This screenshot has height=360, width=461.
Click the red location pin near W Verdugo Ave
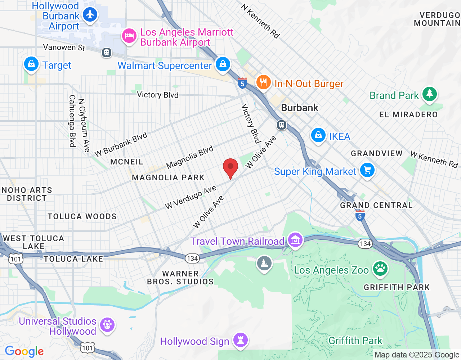[230, 168]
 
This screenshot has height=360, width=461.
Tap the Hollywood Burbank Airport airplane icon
[90, 15]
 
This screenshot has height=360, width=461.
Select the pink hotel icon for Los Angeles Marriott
[129, 36]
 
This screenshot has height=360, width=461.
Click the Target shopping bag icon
[31, 64]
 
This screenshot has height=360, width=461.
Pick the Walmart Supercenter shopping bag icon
[223, 64]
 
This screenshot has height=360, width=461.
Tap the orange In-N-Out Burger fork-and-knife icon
[264, 82]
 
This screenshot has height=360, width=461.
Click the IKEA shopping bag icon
[318, 135]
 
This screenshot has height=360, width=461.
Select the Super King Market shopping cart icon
[367, 170]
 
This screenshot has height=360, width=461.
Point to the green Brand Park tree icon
[429, 94]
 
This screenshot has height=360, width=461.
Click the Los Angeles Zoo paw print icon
[380, 269]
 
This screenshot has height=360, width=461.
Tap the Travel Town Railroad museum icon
[295, 240]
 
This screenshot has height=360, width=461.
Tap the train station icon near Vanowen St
[106, 53]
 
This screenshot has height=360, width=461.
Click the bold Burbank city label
[300, 108]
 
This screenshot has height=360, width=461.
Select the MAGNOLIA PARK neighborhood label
[168, 177]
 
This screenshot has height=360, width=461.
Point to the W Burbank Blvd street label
[121, 145]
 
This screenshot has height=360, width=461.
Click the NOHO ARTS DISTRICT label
[27, 194]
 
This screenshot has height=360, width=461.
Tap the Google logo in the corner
[24, 351]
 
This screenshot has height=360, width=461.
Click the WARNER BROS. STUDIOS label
[180, 278]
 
